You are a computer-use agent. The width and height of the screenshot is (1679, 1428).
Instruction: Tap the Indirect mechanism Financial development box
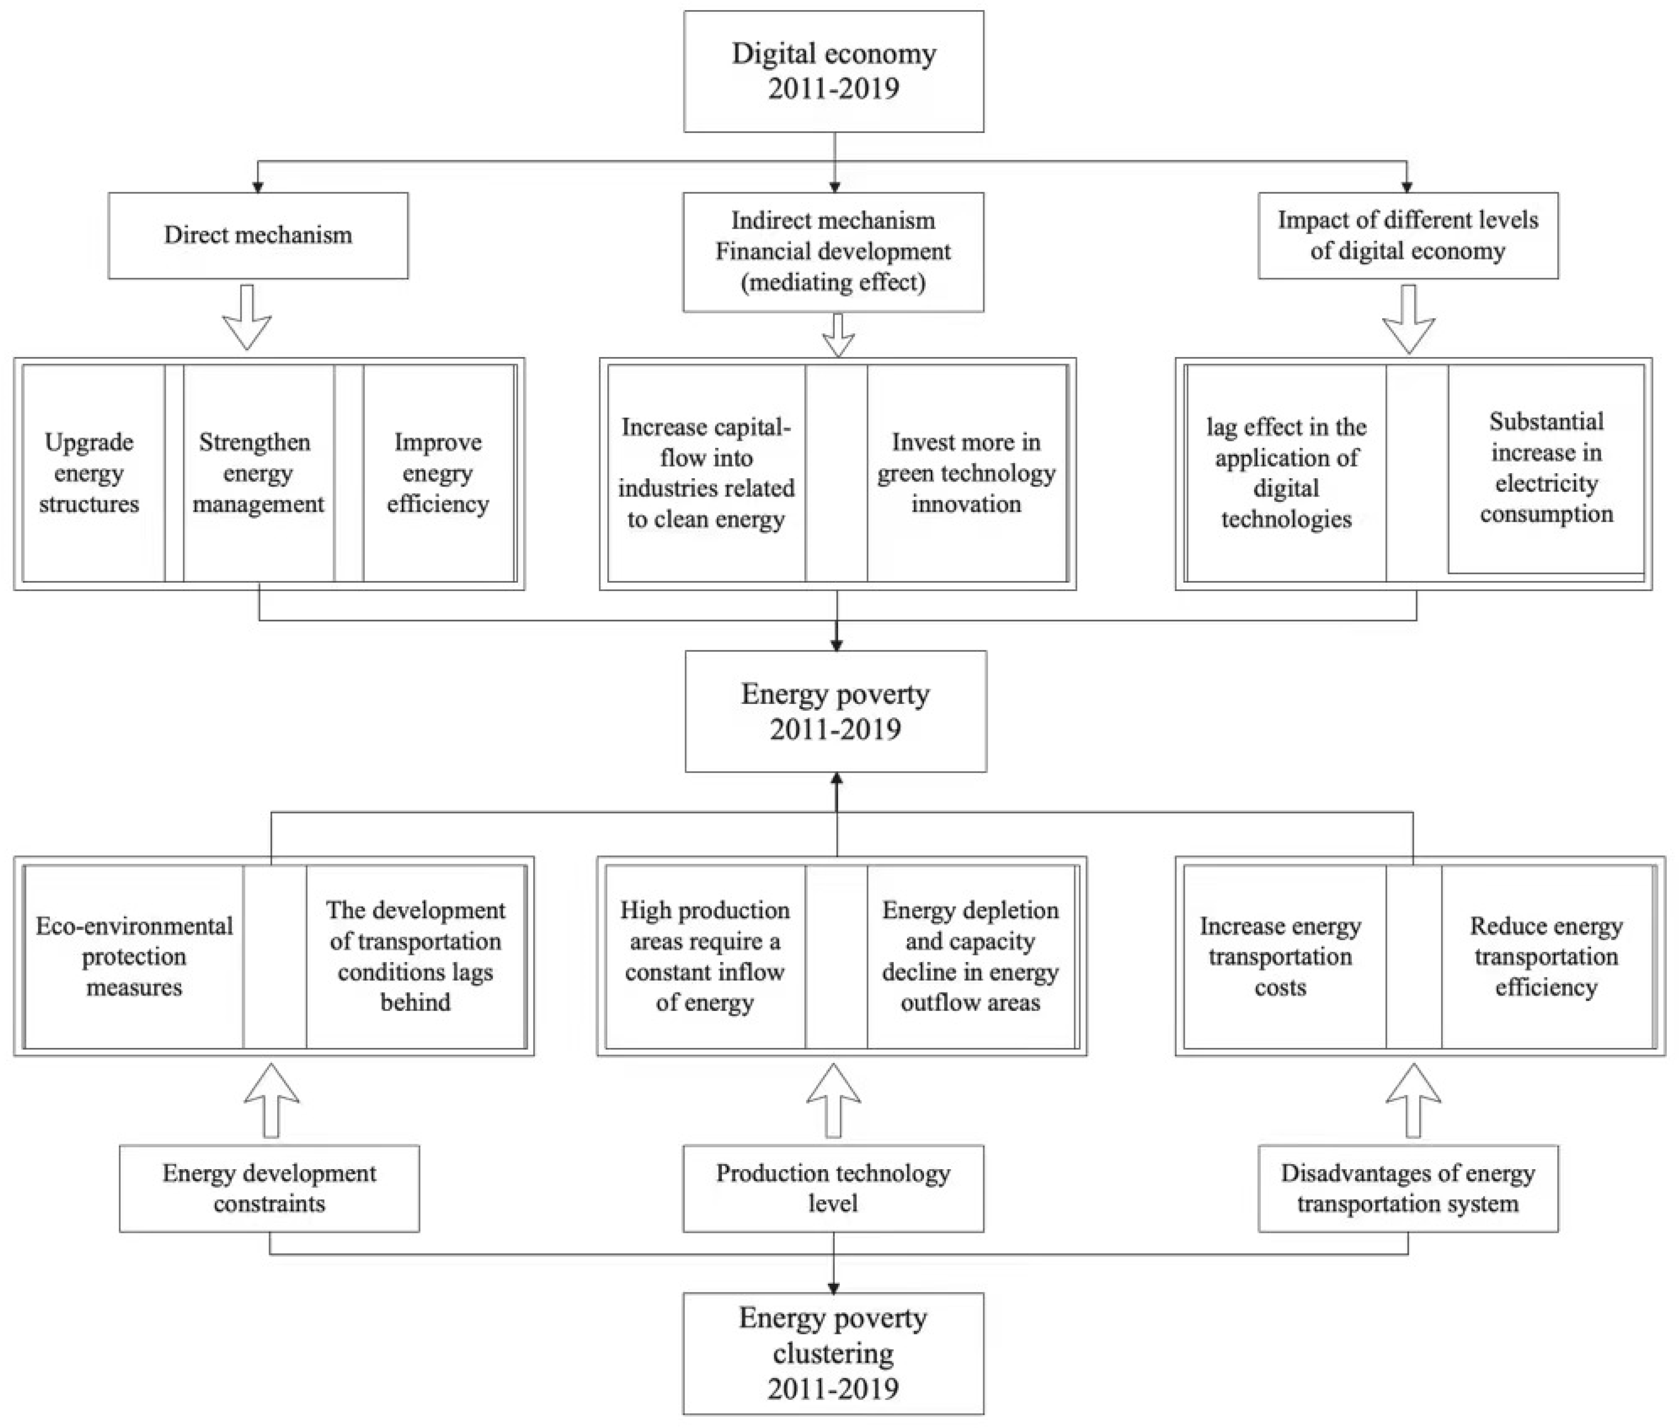click(x=833, y=252)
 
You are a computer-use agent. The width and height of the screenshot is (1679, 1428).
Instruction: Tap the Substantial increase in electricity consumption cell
click(x=1546, y=468)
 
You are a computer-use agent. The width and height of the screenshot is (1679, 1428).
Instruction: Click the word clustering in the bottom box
click(x=833, y=1353)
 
